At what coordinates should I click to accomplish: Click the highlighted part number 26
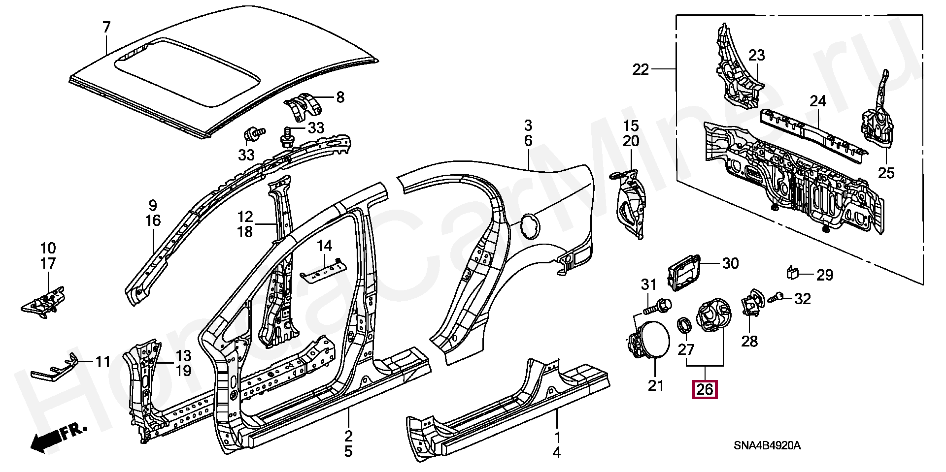pyautogui.click(x=705, y=389)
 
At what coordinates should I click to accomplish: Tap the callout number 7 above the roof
pyautogui.click(x=106, y=28)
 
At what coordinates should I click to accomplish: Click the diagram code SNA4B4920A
pyautogui.click(x=767, y=446)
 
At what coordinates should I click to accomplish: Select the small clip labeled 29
pyautogui.click(x=792, y=272)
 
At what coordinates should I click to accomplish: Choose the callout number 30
pyautogui.click(x=730, y=263)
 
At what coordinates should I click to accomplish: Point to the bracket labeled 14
pyautogui.click(x=323, y=270)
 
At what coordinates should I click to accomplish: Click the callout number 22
pyautogui.click(x=641, y=69)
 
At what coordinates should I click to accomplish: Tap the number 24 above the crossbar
pyautogui.click(x=818, y=101)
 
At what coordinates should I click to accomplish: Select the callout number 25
pyautogui.click(x=886, y=173)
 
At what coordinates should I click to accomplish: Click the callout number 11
pyautogui.click(x=102, y=362)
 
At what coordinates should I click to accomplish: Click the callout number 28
pyautogui.click(x=749, y=341)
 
